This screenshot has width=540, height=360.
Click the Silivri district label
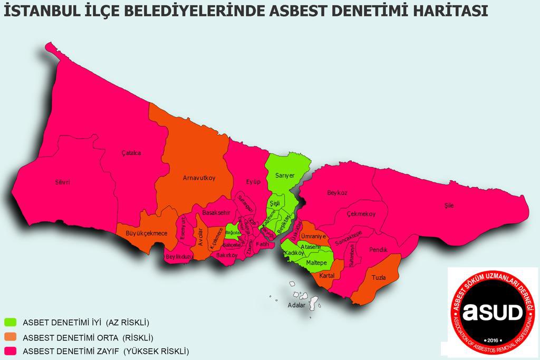click(62, 182)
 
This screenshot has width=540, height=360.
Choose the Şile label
click(448, 206)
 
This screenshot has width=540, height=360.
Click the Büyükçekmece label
click(147, 233)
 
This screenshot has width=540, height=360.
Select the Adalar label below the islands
click(296, 305)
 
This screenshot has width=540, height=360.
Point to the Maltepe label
click(316, 262)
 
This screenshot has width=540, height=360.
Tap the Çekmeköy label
click(361, 214)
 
